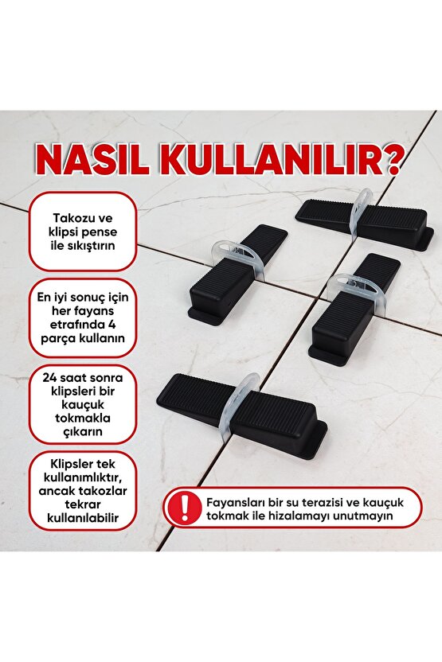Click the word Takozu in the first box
(x=72, y=217)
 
